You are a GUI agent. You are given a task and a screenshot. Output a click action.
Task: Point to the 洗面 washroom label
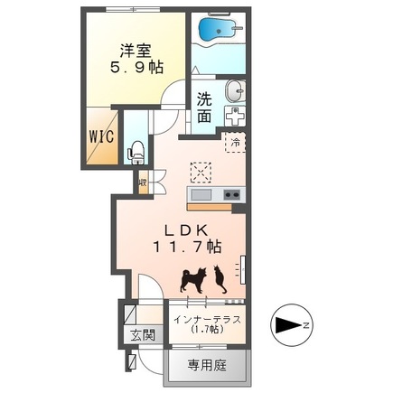205,108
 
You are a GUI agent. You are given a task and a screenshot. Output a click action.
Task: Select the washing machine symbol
233,117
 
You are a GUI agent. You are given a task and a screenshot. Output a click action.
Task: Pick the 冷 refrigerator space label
233,142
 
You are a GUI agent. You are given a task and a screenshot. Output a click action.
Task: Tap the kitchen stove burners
230,195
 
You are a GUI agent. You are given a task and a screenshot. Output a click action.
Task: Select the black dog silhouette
193,281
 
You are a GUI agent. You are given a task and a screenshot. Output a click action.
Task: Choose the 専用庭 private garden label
209,369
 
